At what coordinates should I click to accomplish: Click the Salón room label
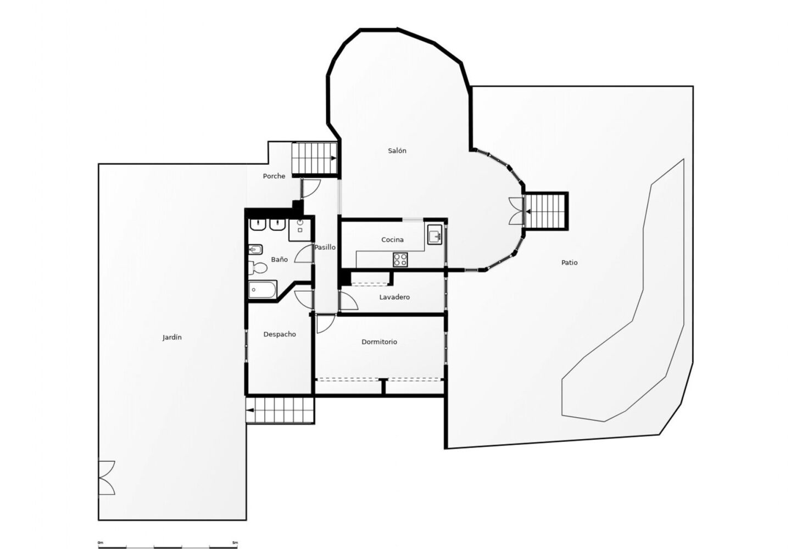tap(397, 151)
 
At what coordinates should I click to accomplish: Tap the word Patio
tap(569, 263)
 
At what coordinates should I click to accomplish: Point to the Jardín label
tap(172, 338)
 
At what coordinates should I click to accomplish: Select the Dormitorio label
tap(379, 342)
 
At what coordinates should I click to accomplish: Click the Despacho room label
tap(280, 334)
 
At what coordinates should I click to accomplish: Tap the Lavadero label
tap(394, 298)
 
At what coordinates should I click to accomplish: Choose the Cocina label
tap(392, 240)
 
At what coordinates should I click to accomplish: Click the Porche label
tap(274, 176)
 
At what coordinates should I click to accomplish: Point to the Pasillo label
tap(325, 248)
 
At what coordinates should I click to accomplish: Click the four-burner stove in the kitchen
tap(400, 259)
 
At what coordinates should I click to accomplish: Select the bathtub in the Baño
tap(263, 289)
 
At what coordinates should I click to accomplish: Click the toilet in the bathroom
tap(257, 268)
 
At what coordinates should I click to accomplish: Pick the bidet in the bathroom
tap(255, 250)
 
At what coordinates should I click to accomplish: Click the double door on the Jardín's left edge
tap(106, 478)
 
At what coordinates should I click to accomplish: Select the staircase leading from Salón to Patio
tap(546, 211)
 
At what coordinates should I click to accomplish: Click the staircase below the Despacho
tap(280, 410)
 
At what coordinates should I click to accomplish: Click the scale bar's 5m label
tap(235, 542)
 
